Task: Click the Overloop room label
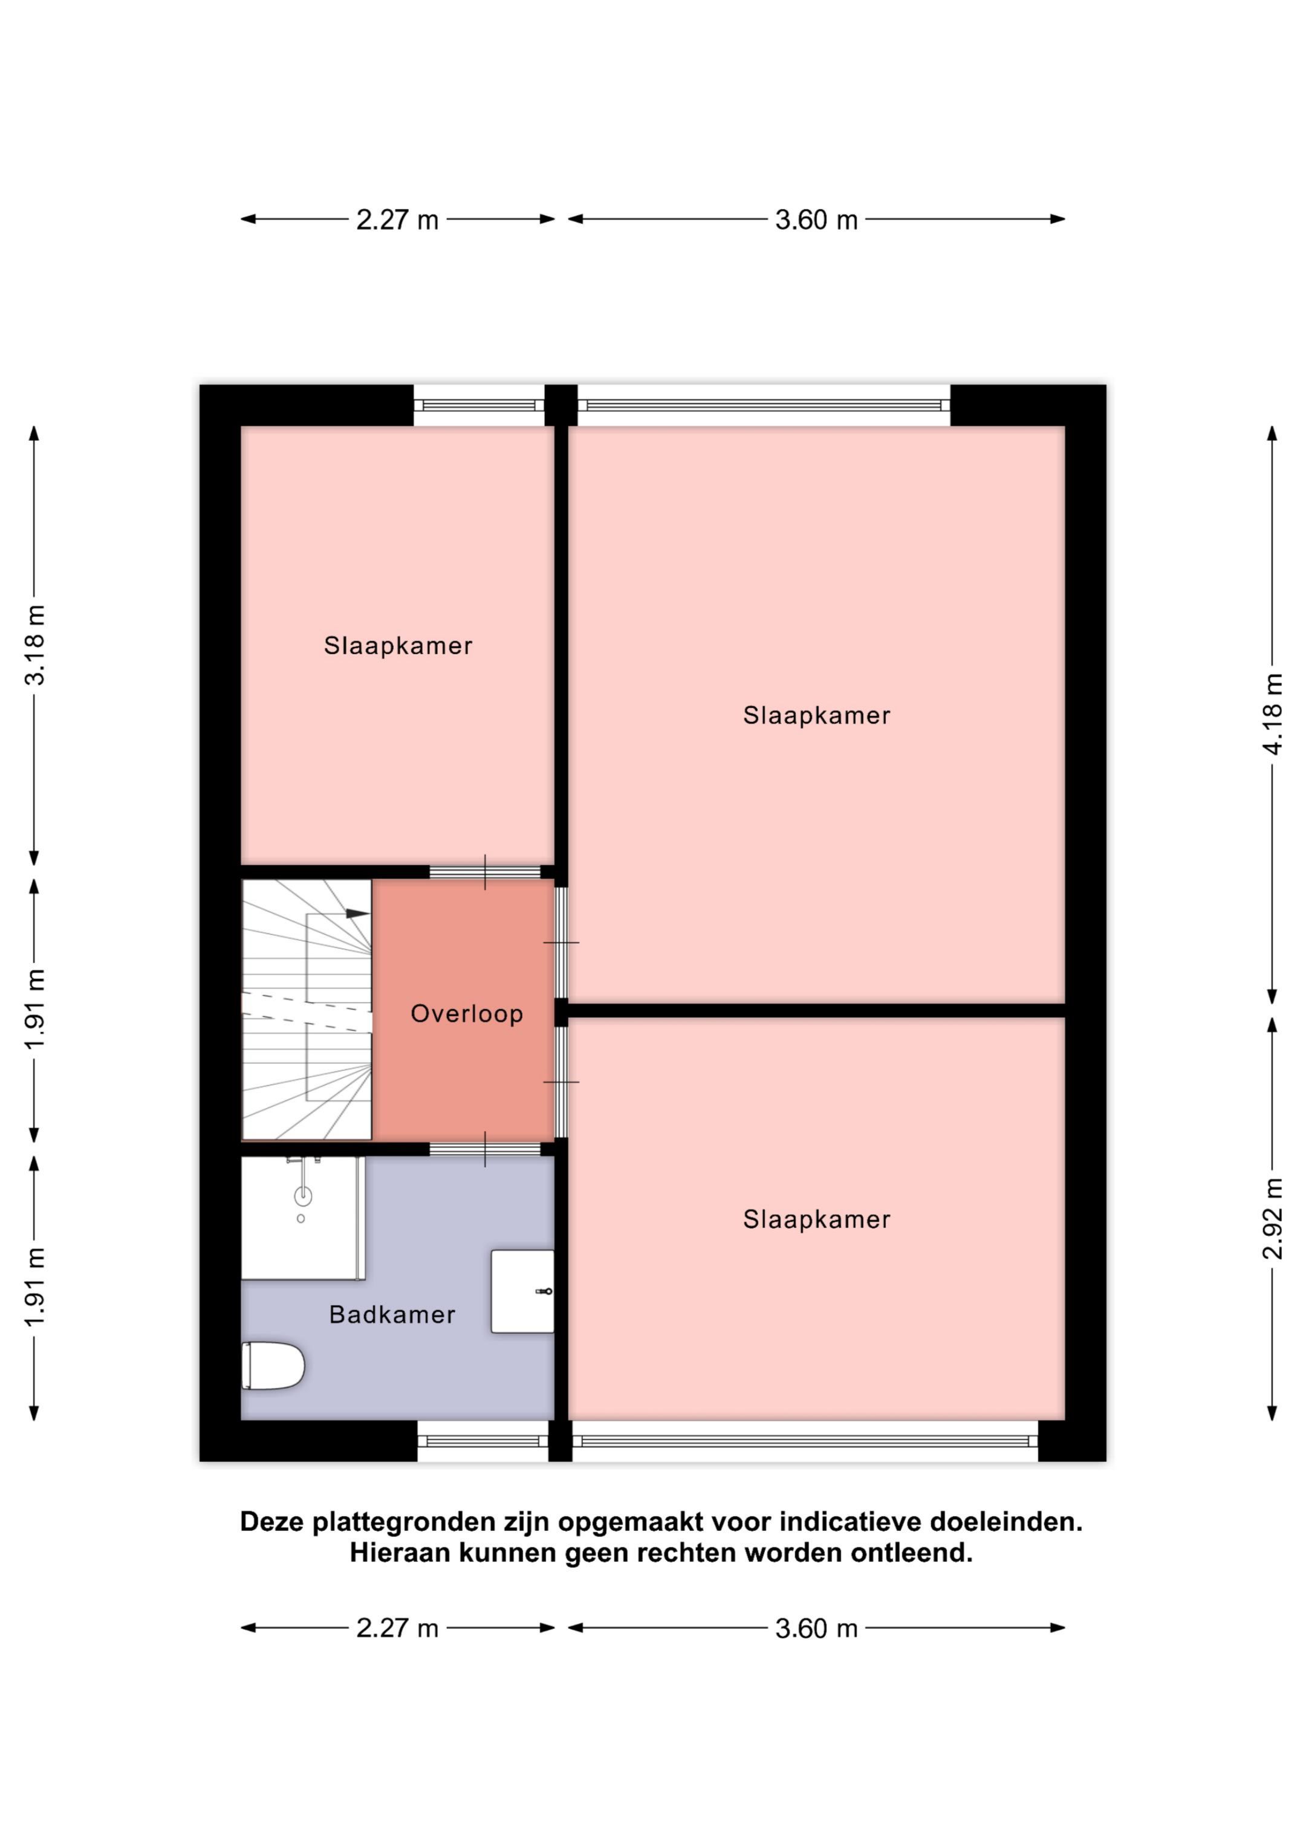467,1014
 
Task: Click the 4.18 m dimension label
1272,715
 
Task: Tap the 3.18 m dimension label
34,644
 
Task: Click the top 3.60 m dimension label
816,219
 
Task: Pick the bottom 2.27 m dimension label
397,1628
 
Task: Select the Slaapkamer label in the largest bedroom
816,715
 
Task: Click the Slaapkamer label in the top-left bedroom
397,645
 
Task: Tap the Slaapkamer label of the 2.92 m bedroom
816,1219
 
